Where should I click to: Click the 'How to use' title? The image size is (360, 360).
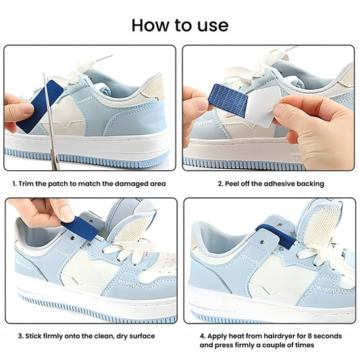[x=180, y=26]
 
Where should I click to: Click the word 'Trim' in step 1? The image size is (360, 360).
[x=30, y=184]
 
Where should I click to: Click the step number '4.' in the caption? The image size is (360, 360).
[x=202, y=336]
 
